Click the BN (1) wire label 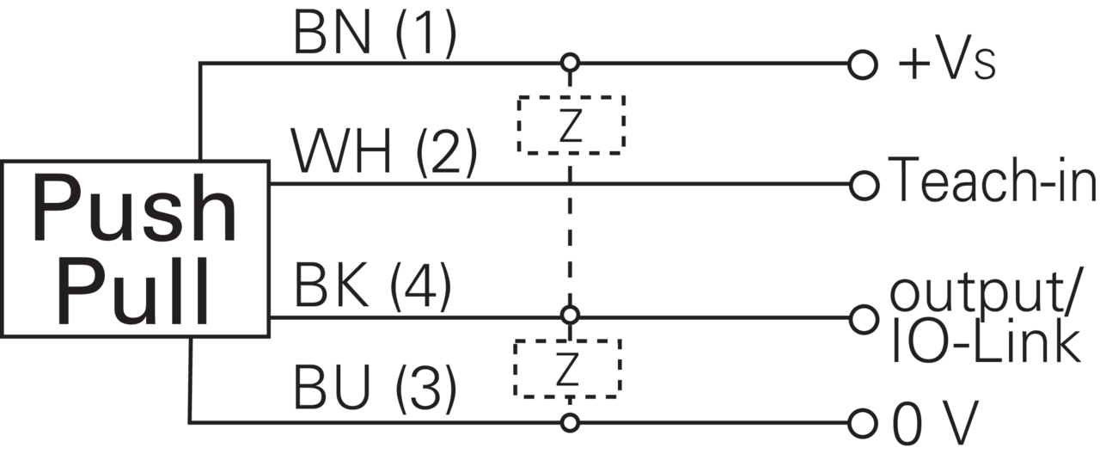(375, 34)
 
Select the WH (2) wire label (383, 151)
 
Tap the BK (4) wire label (372, 285)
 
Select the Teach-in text (992, 180)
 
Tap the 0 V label (935, 424)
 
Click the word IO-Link (985, 341)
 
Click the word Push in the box (134, 208)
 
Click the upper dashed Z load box (571, 97)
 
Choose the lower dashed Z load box (567, 340)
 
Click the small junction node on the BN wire (570, 63)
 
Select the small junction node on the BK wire (570, 315)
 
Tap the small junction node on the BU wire (570, 423)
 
